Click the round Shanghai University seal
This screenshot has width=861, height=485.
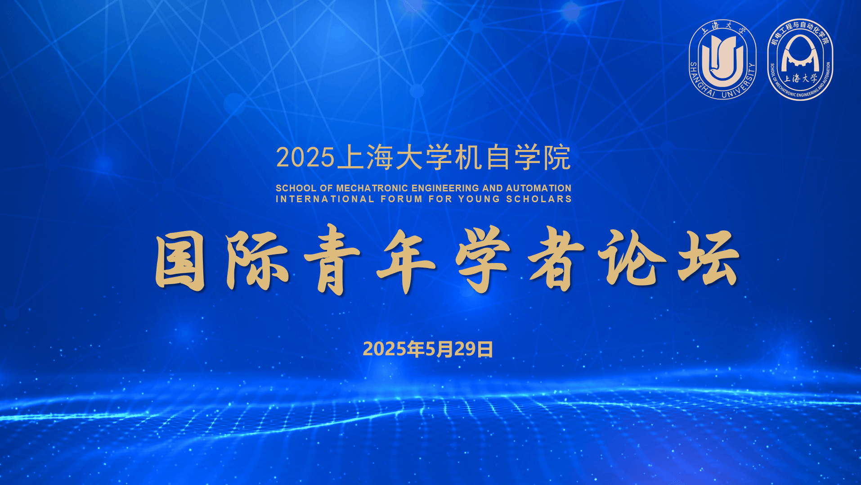(x=722, y=59)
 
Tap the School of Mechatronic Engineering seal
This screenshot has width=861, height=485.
(x=800, y=59)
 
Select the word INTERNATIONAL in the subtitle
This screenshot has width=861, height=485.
(x=325, y=199)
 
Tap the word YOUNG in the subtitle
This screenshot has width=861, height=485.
(x=479, y=199)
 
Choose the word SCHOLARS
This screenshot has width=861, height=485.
(x=539, y=199)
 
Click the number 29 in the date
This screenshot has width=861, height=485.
(x=465, y=349)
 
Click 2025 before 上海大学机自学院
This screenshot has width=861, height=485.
(x=305, y=158)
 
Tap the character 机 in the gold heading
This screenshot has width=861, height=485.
(x=469, y=158)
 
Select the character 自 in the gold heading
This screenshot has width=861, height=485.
(x=498, y=158)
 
